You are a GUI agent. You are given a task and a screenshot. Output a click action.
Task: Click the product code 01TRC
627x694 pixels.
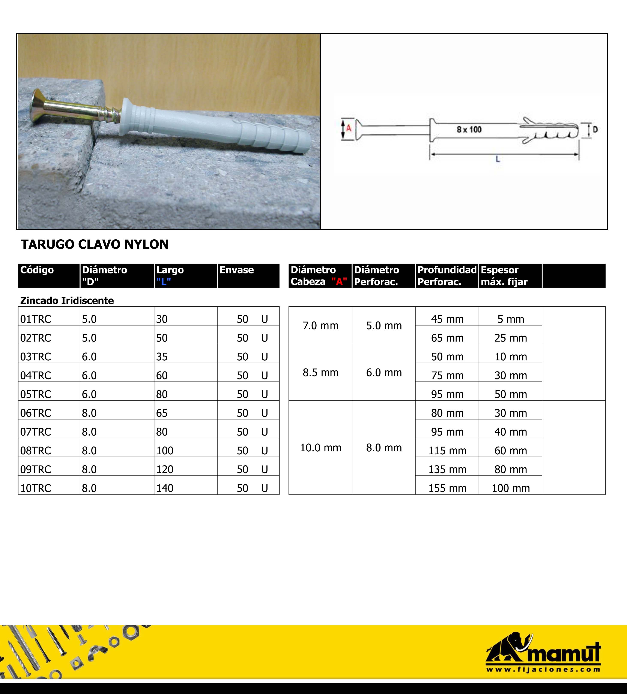[36, 319]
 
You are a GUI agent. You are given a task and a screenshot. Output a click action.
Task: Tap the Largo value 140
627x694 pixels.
[165, 488]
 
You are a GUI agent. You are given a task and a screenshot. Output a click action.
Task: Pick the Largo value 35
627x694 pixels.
[162, 357]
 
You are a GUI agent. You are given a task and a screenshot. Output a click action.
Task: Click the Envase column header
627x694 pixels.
[237, 270]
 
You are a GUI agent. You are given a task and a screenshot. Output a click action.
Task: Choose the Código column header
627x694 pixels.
[37, 270]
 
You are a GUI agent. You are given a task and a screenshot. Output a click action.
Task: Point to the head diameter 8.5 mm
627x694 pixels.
[320, 373]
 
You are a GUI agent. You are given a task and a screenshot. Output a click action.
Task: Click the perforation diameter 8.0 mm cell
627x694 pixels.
[384, 448]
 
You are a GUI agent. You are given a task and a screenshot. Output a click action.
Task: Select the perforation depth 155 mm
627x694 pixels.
[447, 488]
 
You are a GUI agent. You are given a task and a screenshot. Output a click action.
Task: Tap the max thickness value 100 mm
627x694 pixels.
[511, 488]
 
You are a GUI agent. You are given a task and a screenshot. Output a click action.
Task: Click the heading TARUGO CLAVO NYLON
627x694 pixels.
[94, 244]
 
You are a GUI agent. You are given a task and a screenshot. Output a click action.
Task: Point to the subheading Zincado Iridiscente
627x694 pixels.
[67, 301]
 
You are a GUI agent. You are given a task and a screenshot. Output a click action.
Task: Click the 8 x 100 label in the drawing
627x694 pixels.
[469, 130]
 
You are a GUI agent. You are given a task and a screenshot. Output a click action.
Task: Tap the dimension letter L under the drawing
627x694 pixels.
[498, 159]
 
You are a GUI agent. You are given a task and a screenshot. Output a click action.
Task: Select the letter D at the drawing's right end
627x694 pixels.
[595, 130]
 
